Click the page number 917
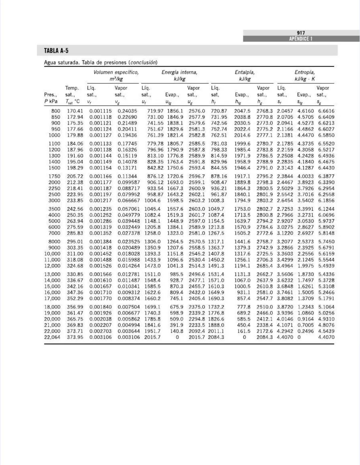301,33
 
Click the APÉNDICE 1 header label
301,39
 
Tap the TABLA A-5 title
56,51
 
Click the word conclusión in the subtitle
143,62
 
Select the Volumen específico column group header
116,72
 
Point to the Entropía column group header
304,72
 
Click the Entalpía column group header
244,72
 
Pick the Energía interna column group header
179,72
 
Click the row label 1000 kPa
54,135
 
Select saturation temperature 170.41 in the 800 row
75,111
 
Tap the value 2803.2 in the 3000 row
264,201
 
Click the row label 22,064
52,337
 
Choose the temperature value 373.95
75,337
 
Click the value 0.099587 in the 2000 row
129,182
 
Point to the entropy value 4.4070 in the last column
326,337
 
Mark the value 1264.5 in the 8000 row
175,241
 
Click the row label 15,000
52,286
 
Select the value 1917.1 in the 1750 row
242,176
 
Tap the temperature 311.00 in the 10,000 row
75,253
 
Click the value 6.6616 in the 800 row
326,111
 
